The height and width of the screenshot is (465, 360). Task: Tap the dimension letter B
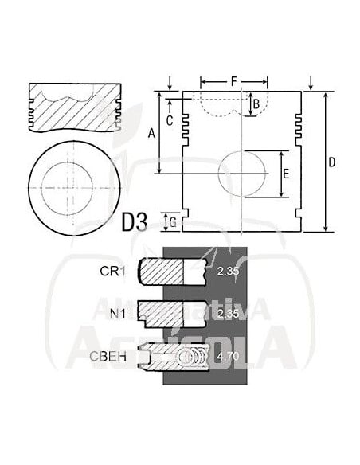click(x=256, y=104)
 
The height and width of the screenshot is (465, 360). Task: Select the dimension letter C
click(x=169, y=120)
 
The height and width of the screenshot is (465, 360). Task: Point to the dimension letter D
click(x=332, y=162)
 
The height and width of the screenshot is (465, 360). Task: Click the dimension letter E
click(x=286, y=173)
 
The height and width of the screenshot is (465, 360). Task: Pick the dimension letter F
click(x=233, y=81)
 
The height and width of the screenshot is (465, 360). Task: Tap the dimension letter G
click(x=172, y=222)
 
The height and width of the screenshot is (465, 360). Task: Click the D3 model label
click(x=135, y=222)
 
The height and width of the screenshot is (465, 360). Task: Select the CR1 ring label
click(x=112, y=272)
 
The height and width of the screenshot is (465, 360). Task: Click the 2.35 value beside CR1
click(x=228, y=272)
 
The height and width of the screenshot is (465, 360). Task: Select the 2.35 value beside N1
click(x=228, y=314)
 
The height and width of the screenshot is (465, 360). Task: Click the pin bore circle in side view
click(x=244, y=173)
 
